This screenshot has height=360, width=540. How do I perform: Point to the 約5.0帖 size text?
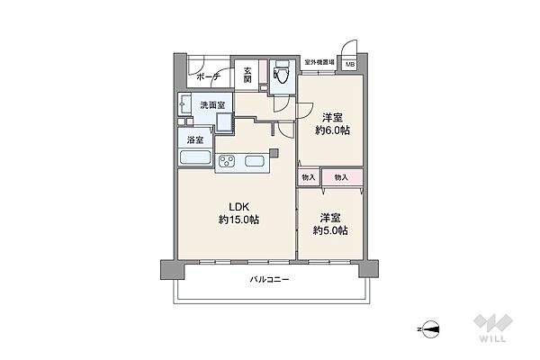point(330,229)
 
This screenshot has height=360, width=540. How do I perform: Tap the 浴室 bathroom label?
point(194,139)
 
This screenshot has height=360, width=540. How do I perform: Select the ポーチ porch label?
point(209,78)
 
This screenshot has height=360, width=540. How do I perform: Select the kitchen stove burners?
point(227,161)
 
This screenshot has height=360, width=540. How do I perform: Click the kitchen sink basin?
point(255,161)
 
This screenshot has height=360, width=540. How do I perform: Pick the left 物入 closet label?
point(309,177)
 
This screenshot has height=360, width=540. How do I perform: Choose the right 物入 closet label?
point(341,177)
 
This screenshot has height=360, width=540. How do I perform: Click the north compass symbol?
point(432,329)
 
